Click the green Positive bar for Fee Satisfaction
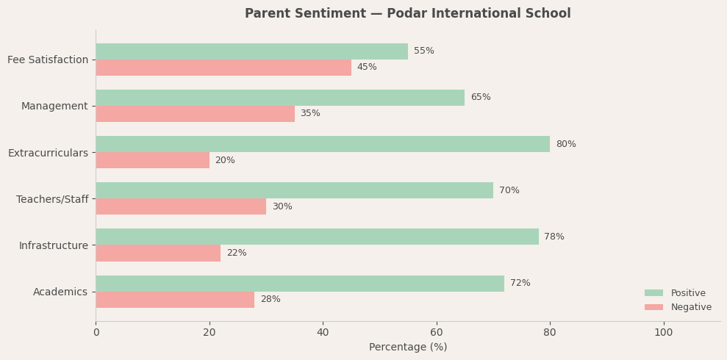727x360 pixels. (x=251, y=51)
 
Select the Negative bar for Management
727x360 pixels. (x=195, y=114)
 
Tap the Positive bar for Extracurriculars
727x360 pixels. (x=323, y=144)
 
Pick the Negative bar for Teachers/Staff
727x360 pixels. (x=181, y=206)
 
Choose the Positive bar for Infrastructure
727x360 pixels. (x=317, y=237)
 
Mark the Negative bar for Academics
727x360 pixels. (x=175, y=300)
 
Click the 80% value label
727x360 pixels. (x=566, y=144)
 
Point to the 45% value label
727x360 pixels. (x=367, y=68)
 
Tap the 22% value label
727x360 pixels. (x=237, y=253)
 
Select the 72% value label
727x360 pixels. (x=520, y=284)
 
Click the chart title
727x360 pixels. (x=407, y=14)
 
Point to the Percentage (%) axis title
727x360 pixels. (x=408, y=347)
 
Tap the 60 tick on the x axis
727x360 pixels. (x=437, y=333)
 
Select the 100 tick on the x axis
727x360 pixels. (x=663, y=333)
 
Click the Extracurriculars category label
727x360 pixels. (x=48, y=153)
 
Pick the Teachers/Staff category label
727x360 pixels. (x=52, y=199)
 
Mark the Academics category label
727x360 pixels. (x=60, y=292)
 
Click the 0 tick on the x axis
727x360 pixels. (x=96, y=333)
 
